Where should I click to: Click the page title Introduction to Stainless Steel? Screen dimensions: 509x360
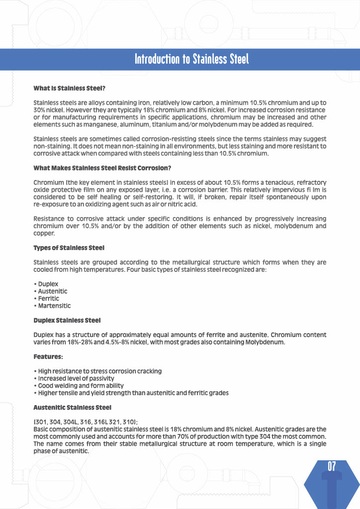coord(191,59)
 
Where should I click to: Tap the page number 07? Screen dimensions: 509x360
coord(332,466)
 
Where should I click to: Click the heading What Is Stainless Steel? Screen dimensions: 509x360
coord(69,88)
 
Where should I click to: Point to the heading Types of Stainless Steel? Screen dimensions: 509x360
coord(69,248)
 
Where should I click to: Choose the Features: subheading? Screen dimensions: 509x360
coord(48,356)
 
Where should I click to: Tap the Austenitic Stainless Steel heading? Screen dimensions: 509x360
coord(72,408)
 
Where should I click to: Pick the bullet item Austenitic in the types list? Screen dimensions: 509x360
coord(52,291)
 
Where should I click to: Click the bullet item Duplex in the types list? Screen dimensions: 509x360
coord(47,284)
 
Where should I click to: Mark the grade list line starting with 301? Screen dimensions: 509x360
coord(86,422)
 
